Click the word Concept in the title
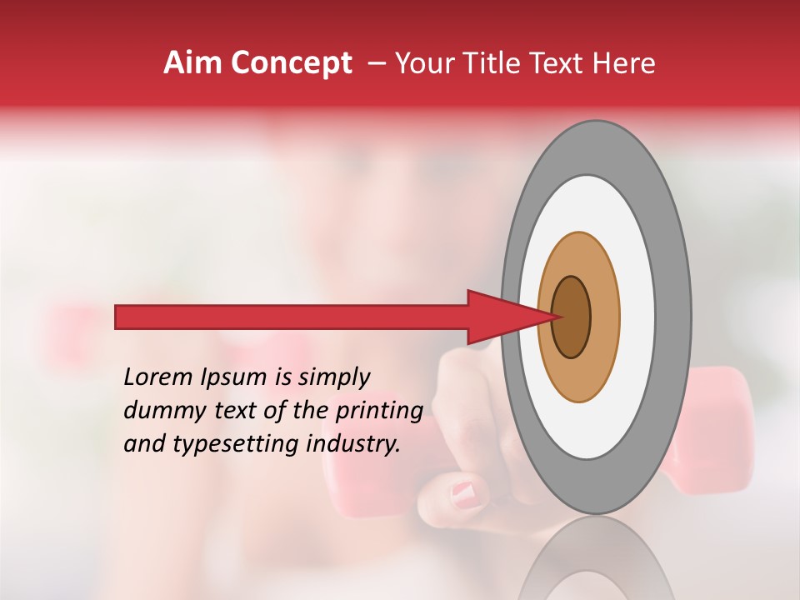pyautogui.click(x=291, y=63)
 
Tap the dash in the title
pyautogui.click(x=376, y=63)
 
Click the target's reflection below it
pyautogui.click(x=596, y=562)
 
